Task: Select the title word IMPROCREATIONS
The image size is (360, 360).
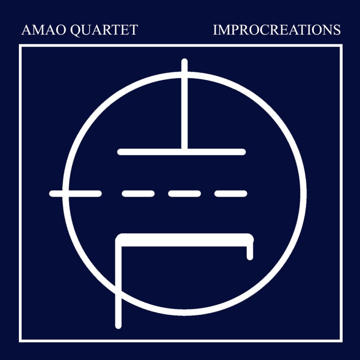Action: tap(277, 30)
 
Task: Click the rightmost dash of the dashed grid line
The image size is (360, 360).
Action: tap(231, 193)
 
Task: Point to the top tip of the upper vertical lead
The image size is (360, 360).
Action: tap(185, 61)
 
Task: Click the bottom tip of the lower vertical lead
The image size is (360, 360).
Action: tap(119, 325)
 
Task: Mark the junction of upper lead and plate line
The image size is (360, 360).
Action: tap(185, 151)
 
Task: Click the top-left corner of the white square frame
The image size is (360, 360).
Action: tap(20, 46)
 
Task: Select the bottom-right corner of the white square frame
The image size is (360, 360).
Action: tap(341, 340)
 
